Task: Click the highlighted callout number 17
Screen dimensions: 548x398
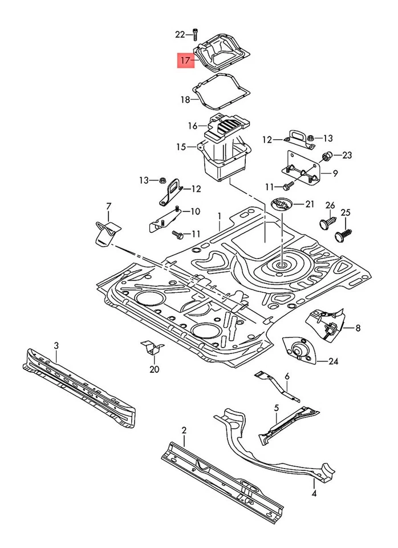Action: pos(185,59)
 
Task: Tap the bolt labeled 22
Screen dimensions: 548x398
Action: pos(196,34)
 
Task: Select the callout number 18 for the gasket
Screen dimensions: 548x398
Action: pos(185,100)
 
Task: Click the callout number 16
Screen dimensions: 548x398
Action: pos(193,126)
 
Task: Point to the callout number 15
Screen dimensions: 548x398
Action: pos(181,147)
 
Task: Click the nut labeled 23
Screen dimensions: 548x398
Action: pos(328,155)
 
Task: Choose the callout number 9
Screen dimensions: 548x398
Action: pos(335,172)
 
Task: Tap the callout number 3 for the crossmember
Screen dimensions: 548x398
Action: pos(56,345)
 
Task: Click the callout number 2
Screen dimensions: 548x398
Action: pos(184,430)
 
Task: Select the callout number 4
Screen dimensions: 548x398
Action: pos(314,491)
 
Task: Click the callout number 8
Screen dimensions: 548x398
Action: pos(358,328)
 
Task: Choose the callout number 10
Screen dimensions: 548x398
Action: pos(196,211)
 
